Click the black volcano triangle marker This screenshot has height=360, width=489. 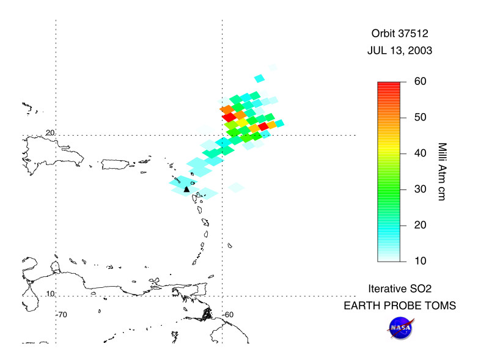click(187, 189)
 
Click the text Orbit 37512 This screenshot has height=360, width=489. click(400, 34)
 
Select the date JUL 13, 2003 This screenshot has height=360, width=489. click(400, 51)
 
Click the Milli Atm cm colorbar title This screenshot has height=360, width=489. click(443, 172)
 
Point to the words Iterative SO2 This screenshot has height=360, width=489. click(400, 288)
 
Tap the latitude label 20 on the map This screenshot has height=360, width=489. click(50, 132)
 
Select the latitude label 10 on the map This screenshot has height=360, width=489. click(50, 293)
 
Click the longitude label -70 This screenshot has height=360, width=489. click(61, 314)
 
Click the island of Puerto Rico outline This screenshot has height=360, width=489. click(117, 164)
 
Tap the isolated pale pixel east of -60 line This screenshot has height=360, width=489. click(236, 186)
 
